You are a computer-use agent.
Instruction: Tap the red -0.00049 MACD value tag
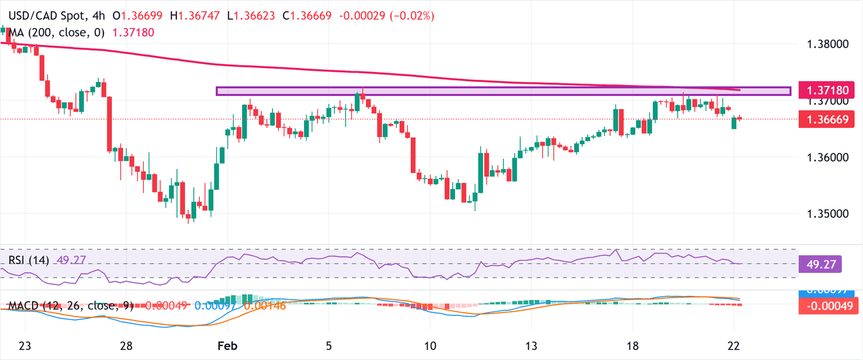point(829,306)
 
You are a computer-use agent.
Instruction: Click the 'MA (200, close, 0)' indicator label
point(57,33)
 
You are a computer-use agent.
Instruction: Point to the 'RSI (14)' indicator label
point(29,260)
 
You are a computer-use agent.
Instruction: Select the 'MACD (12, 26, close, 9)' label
point(71,306)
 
